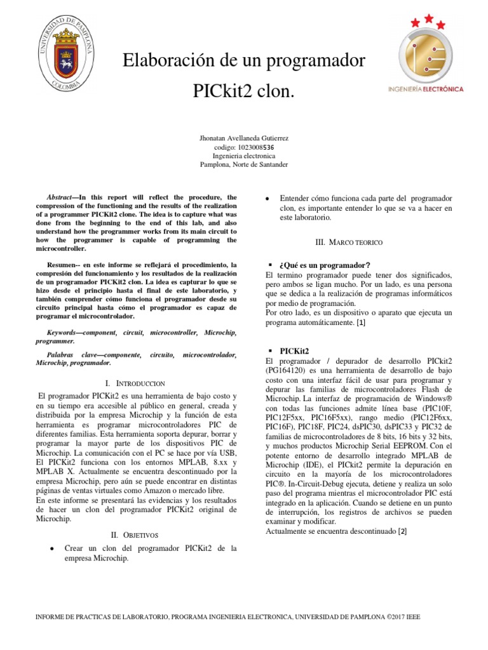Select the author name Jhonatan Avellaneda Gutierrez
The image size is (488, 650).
(243, 137)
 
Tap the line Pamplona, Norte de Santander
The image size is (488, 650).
(243, 164)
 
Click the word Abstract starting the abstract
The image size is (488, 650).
(62, 197)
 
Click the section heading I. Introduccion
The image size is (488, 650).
(137, 383)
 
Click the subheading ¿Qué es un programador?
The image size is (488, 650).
(325, 265)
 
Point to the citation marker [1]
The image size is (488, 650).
(360, 322)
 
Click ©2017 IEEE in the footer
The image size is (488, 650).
(403, 616)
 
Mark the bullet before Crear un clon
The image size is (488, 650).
(51, 548)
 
